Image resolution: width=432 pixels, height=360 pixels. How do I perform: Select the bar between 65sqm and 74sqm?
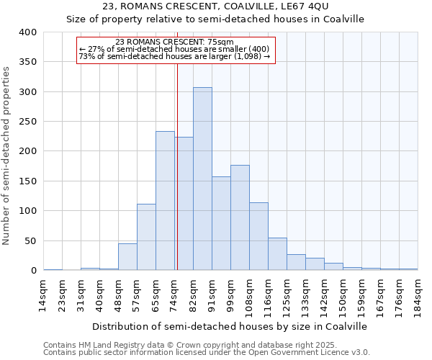coord(165,201)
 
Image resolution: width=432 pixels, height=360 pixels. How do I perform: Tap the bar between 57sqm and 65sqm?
coord(146,237)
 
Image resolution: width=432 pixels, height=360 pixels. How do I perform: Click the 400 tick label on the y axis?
coord(27,32)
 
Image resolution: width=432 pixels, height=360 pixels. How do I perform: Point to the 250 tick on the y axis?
coord(27,122)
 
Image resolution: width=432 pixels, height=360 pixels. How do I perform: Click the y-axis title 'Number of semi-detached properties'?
coord(7,155)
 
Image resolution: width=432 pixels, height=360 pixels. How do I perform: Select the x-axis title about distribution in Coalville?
coord(230,326)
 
